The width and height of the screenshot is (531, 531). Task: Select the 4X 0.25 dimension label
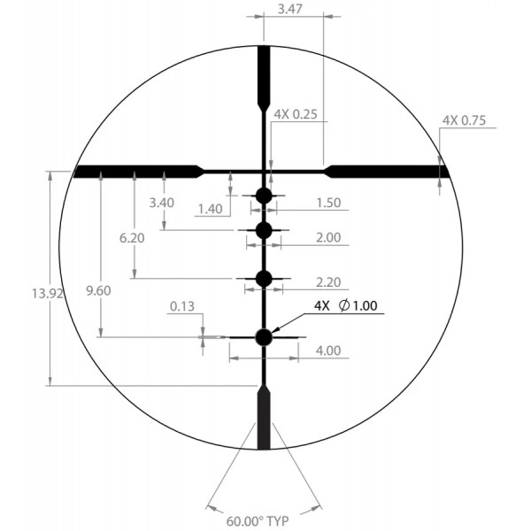coord(295,115)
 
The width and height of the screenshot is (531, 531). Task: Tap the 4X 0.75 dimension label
coord(463,120)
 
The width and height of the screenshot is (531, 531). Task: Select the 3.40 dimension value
coord(162,203)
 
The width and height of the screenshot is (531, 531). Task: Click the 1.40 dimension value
coord(210,209)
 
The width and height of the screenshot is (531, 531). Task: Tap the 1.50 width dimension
coord(327,203)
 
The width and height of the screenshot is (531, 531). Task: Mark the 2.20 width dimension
coord(327,283)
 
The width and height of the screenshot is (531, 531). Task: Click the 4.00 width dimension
coord(327,350)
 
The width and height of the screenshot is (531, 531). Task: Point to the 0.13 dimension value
coord(181,308)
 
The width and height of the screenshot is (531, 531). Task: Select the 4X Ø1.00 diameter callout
coord(345,306)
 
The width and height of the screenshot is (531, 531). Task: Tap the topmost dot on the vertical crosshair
coord(264,196)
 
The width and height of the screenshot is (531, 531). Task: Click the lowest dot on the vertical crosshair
coord(264,336)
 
